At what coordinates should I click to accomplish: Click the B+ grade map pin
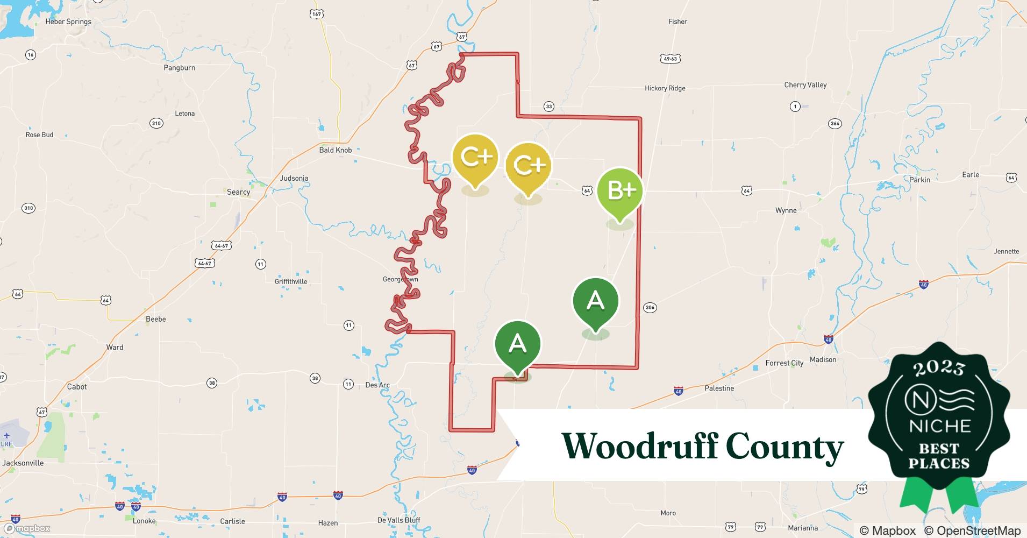(620, 192)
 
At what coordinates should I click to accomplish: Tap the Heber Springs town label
(68, 22)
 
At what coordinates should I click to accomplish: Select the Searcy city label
(238, 192)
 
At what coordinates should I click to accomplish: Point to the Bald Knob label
(335, 150)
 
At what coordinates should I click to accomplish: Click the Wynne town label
(786, 210)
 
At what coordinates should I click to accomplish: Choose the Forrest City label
(784, 363)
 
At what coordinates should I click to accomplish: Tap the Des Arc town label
(377, 385)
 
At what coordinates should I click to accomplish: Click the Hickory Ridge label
(665, 88)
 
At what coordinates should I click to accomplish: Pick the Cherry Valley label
(805, 85)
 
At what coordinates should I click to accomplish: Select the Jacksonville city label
(23, 463)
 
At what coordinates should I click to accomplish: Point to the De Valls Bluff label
(398, 520)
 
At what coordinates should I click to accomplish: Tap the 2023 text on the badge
(939, 369)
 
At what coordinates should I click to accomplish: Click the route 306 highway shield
(650, 308)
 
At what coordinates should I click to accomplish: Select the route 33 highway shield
(548, 107)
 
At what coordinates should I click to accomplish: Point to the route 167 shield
(317, 14)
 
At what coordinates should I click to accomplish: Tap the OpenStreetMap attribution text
(972, 530)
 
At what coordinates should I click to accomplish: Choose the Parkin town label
(919, 180)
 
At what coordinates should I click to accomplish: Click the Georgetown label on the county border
(400, 279)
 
